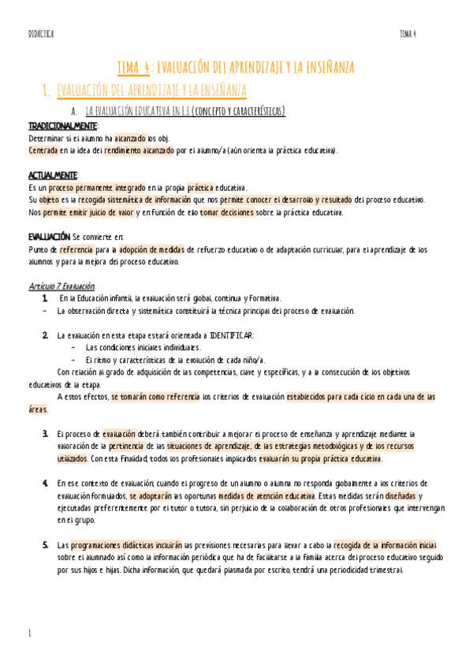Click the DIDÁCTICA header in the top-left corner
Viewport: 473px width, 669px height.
point(40,33)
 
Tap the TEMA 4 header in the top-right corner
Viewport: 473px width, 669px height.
point(408,33)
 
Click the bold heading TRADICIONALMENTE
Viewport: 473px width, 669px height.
point(63,126)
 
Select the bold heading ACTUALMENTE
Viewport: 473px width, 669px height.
point(53,175)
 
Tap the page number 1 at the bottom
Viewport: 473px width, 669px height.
point(29,633)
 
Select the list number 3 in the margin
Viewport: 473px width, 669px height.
point(45,434)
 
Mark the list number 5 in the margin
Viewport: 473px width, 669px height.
point(45,545)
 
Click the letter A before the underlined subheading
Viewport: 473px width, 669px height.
point(73,111)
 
